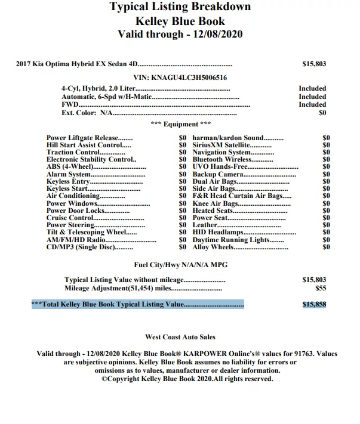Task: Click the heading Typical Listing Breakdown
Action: (180, 7)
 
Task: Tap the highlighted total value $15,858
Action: (314, 304)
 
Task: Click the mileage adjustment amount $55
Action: (321, 287)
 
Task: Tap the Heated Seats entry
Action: (213, 211)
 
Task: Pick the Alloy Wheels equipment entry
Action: (213, 247)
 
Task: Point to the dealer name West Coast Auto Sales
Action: (180, 338)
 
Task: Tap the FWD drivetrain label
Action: (69, 104)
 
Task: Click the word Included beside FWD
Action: (312, 104)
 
